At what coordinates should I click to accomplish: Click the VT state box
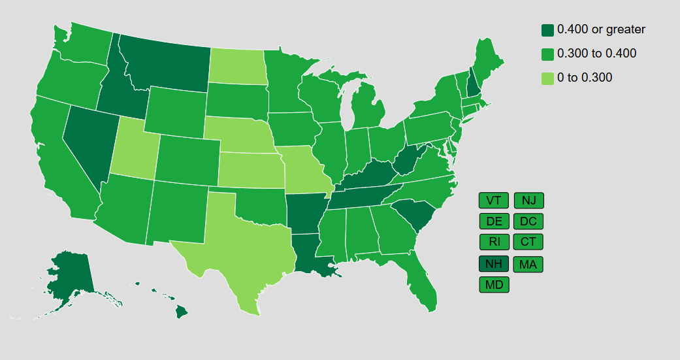493,200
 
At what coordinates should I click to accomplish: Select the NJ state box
528,200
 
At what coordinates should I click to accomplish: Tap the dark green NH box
493,264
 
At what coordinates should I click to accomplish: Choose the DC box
528,221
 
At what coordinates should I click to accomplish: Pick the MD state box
493,285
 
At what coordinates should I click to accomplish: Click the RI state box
493,242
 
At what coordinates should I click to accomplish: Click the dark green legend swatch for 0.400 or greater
547,30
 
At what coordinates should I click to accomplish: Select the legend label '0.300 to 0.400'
596,54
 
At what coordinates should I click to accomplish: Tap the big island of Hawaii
182,312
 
